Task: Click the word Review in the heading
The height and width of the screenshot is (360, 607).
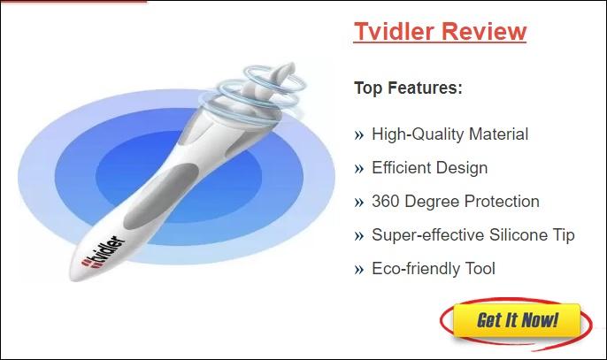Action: click(x=484, y=31)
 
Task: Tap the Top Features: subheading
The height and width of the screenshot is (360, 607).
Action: click(x=409, y=88)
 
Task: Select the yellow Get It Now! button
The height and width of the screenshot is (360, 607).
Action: click(x=517, y=320)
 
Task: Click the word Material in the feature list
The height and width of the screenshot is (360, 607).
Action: click(x=499, y=134)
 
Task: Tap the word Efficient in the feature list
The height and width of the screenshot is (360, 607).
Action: click(x=396, y=168)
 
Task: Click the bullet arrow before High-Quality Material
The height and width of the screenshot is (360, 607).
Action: click(x=359, y=135)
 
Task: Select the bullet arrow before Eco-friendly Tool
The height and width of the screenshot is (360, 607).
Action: click(x=359, y=270)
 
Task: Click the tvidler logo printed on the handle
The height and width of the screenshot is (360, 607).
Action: click(x=104, y=252)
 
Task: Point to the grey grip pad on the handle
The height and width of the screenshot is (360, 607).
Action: click(x=161, y=196)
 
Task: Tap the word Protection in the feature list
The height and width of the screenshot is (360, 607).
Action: click(x=502, y=202)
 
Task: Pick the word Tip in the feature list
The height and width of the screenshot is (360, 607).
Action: click(x=562, y=235)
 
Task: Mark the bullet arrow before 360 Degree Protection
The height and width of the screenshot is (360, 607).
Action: click(x=359, y=203)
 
